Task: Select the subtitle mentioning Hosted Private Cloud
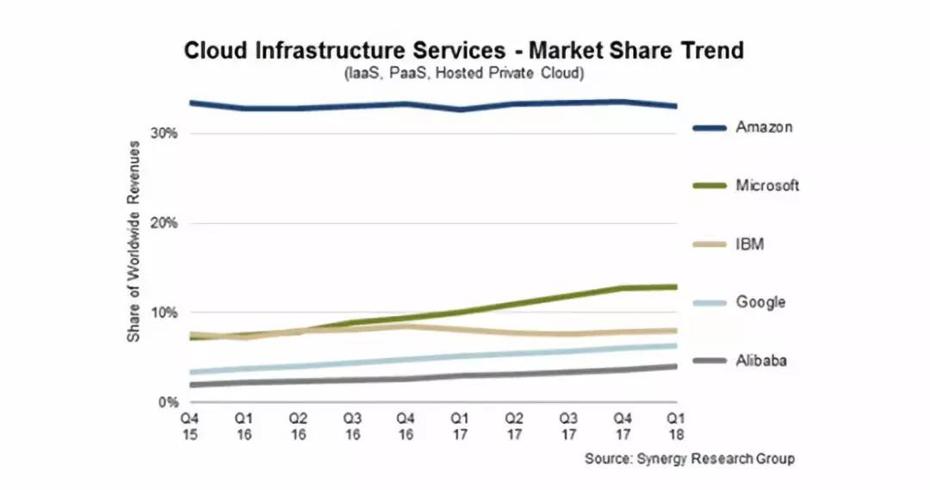[x=464, y=73]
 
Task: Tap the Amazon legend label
[x=764, y=127]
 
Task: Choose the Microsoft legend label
[x=767, y=185]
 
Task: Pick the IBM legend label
[x=749, y=245]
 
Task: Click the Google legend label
[x=760, y=302]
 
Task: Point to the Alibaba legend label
[x=761, y=361]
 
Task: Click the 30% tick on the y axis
[x=165, y=133]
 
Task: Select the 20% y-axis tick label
[x=165, y=223]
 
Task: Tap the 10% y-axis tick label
[x=165, y=313]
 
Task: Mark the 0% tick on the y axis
[x=169, y=402]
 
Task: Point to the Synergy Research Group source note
[x=689, y=458]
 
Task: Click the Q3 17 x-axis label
[x=567, y=425]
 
